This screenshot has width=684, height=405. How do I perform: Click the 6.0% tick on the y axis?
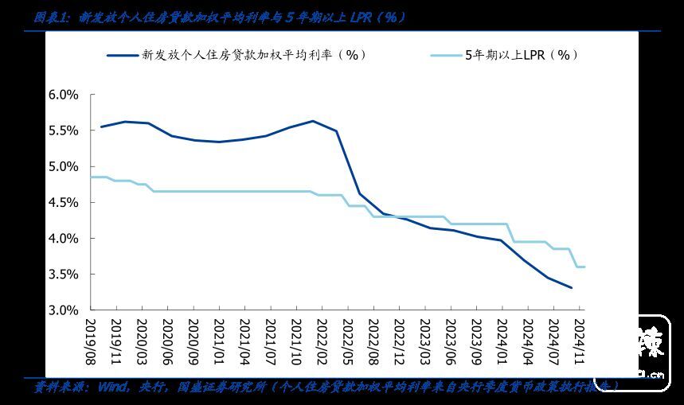(x=63, y=95)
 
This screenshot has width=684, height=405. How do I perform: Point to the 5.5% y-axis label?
(x=63, y=130)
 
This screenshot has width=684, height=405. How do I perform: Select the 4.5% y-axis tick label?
(x=63, y=202)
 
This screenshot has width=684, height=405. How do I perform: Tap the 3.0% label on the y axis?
(x=63, y=310)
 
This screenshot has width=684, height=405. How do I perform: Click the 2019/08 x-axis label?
(x=92, y=340)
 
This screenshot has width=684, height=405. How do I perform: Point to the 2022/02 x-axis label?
(x=320, y=340)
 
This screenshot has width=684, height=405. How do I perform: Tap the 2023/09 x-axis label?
(x=475, y=340)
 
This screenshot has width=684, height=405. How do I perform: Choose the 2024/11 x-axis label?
(x=579, y=340)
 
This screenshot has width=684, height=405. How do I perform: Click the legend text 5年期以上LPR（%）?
(x=522, y=56)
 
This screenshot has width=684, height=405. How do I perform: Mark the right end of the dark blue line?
(x=571, y=288)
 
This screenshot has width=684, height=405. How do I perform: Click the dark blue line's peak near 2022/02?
(x=312, y=121)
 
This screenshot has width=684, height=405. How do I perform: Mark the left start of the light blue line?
(x=92, y=177)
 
